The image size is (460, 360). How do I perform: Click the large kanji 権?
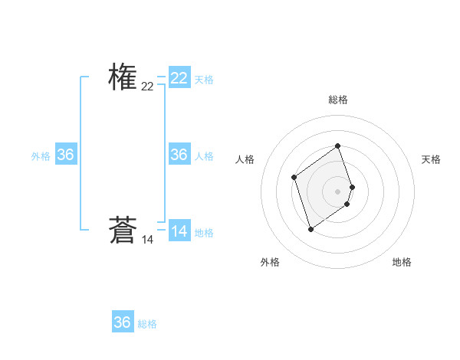pos(123,77)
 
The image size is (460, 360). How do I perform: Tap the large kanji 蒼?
pos(123,230)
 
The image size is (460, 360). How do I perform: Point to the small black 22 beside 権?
pos(147,87)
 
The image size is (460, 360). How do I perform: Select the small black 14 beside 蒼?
pos(147,240)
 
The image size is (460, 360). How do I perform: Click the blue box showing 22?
pos(179,77)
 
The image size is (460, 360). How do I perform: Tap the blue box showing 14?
pos(179,231)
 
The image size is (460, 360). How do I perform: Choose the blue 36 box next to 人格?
pos(179,155)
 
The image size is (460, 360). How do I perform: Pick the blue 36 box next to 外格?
pos(66,155)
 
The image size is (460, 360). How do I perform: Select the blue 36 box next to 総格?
pos(123,322)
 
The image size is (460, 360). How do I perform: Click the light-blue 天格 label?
pos(204,79)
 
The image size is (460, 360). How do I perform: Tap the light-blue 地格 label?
pos(204,233)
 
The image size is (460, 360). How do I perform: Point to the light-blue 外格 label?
pos(41,156)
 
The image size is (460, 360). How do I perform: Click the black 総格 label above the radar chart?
pos(338,100)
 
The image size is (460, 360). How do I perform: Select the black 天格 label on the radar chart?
pos(431,159)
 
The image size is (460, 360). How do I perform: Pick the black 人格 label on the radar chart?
pos(245,159)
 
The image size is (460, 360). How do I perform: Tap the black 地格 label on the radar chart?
pos(402,262)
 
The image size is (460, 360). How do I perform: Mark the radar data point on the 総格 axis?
pos(338,146)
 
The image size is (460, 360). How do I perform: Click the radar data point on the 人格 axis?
pos(294,178)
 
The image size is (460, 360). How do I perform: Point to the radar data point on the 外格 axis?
pos(310,229)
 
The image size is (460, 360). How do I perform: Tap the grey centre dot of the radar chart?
pos(338,191)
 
